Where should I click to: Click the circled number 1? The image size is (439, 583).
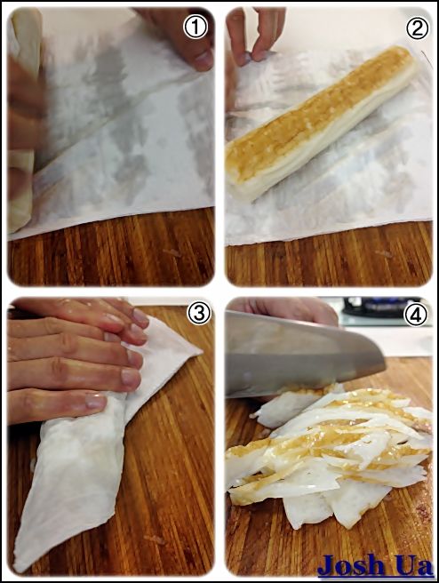pos(196,28)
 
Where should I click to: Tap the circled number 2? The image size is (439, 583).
pos(417,28)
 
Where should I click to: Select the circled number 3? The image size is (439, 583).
pos(199,315)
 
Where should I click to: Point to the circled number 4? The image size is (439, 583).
pos(416,315)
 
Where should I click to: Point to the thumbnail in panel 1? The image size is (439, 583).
pos(204,60)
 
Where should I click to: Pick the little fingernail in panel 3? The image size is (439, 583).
pos(96,401)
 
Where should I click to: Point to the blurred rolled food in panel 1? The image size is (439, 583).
pos(23,119)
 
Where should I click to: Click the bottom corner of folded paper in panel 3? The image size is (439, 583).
pos(15,571)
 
